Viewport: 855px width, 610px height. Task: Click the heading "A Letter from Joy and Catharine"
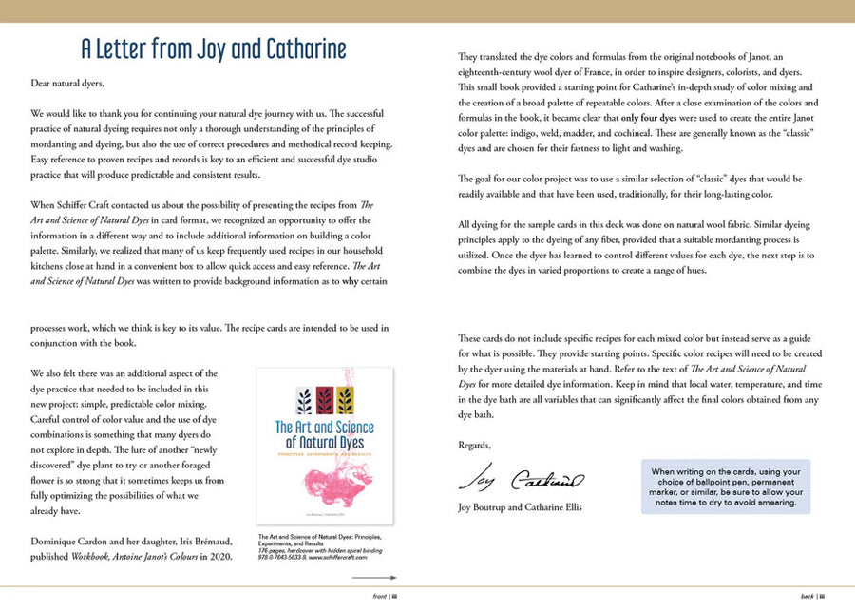(x=213, y=48)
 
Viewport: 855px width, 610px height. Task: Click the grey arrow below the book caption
(x=379, y=577)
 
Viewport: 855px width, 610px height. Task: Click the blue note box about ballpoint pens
(x=726, y=487)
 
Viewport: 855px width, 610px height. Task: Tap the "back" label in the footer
(x=808, y=596)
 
